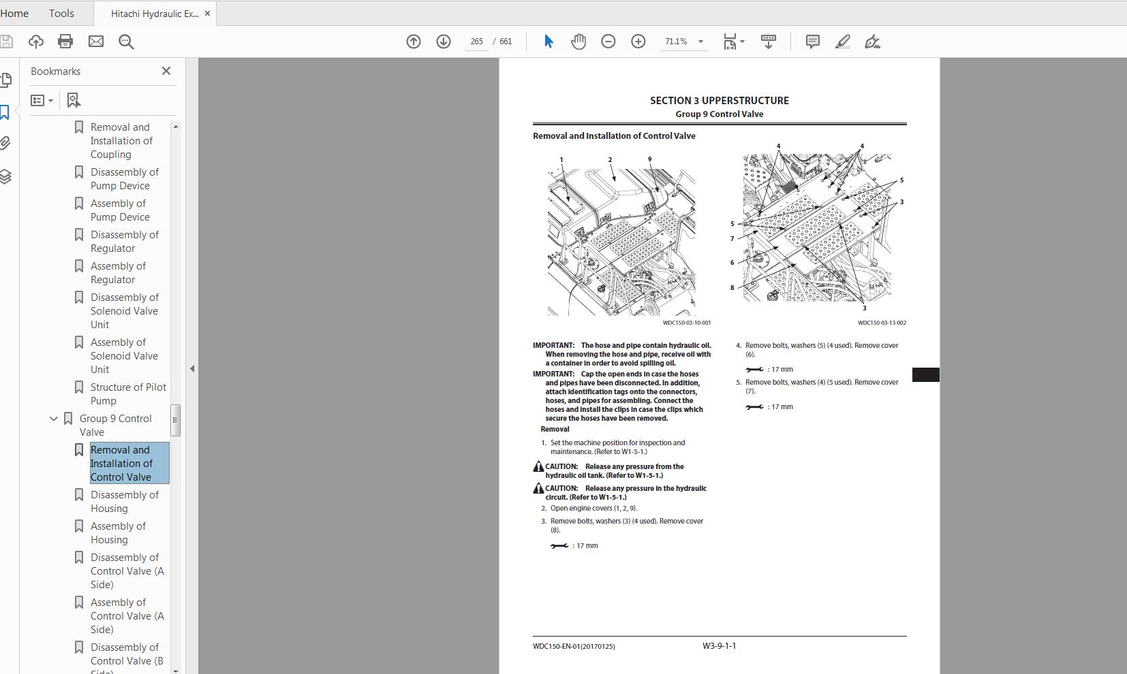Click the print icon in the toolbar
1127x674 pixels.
tap(65, 42)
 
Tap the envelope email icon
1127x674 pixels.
tap(95, 42)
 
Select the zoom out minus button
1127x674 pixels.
tap(608, 42)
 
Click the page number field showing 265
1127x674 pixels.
tap(476, 42)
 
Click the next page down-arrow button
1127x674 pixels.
tap(444, 42)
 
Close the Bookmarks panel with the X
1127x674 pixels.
tap(166, 71)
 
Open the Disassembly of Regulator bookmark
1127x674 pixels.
tap(124, 241)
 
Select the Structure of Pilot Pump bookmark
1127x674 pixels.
tap(128, 394)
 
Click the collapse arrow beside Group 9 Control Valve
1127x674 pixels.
tap(53, 418)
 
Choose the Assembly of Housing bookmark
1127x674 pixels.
tap(118, 532)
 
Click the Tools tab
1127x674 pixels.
tap(61, 13)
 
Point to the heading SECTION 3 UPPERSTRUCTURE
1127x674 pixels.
tap(720, 101)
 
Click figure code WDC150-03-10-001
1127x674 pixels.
tap(687, 323)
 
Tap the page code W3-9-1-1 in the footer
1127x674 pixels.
tap(719, 646)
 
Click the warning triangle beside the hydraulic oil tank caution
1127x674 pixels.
tap(538, 466)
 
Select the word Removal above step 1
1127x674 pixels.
tap(555, 429)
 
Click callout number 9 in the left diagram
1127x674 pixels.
tap(649, 159)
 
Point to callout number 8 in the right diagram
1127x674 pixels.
tap(732, 288)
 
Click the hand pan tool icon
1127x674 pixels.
tap(578, 42)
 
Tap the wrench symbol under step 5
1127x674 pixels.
tap(754, 406)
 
